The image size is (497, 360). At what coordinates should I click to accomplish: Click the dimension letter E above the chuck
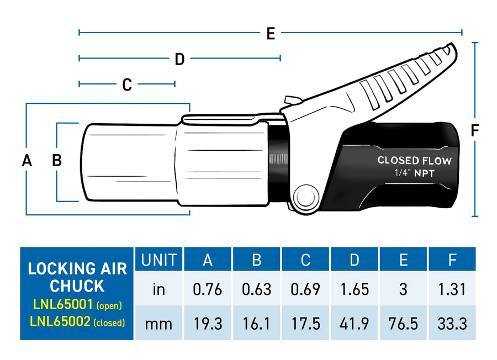point(271,33)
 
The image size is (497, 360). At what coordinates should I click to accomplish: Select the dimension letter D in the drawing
point(179,59)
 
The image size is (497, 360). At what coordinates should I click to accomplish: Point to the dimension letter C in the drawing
point(127,84)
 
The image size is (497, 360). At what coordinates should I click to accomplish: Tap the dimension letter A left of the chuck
point(27,161)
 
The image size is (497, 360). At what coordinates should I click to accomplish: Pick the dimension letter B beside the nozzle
point(56,161)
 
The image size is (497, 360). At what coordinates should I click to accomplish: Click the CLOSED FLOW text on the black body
point(414,161)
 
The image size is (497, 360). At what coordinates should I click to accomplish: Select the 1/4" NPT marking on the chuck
point(414,173)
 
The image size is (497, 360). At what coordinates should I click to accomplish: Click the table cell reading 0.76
point(208,289)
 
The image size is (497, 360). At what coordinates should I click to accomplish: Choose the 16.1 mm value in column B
point(256,323)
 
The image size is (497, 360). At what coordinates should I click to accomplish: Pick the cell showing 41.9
point(355,323)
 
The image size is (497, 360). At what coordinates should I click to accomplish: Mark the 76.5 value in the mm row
point(403,323)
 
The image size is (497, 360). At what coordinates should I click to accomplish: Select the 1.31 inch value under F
point(452,289)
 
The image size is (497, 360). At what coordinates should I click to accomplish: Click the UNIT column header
point(159,260)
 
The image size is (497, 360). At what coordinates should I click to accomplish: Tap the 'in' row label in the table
point(159,289)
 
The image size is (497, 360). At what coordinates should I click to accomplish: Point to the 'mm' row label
point(159,323)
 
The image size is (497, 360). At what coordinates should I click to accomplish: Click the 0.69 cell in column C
point(305,289)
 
